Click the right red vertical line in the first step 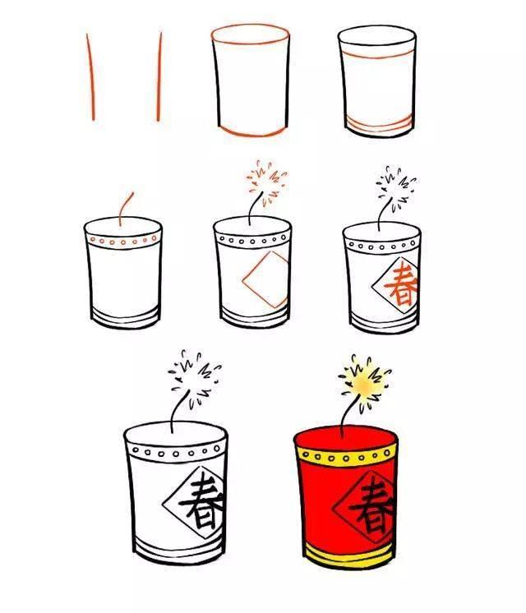click(x=159, y=78)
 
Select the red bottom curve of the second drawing click(x=251, y=131)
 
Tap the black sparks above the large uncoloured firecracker click(x=193, y=378)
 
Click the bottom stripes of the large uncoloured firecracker click(x=177, y=547)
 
